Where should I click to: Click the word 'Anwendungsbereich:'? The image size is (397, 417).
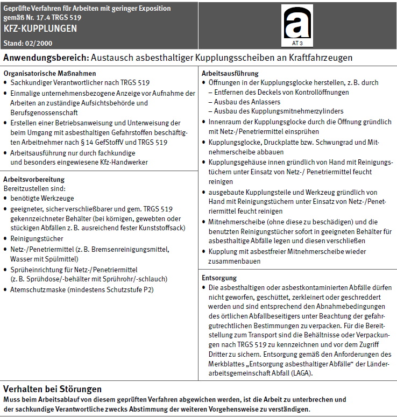46,57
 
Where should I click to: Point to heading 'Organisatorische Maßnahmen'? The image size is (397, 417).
49,73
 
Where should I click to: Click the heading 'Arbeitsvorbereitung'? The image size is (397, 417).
34,179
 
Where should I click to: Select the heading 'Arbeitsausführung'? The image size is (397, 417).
230,73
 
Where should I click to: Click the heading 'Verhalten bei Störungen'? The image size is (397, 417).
52,388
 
